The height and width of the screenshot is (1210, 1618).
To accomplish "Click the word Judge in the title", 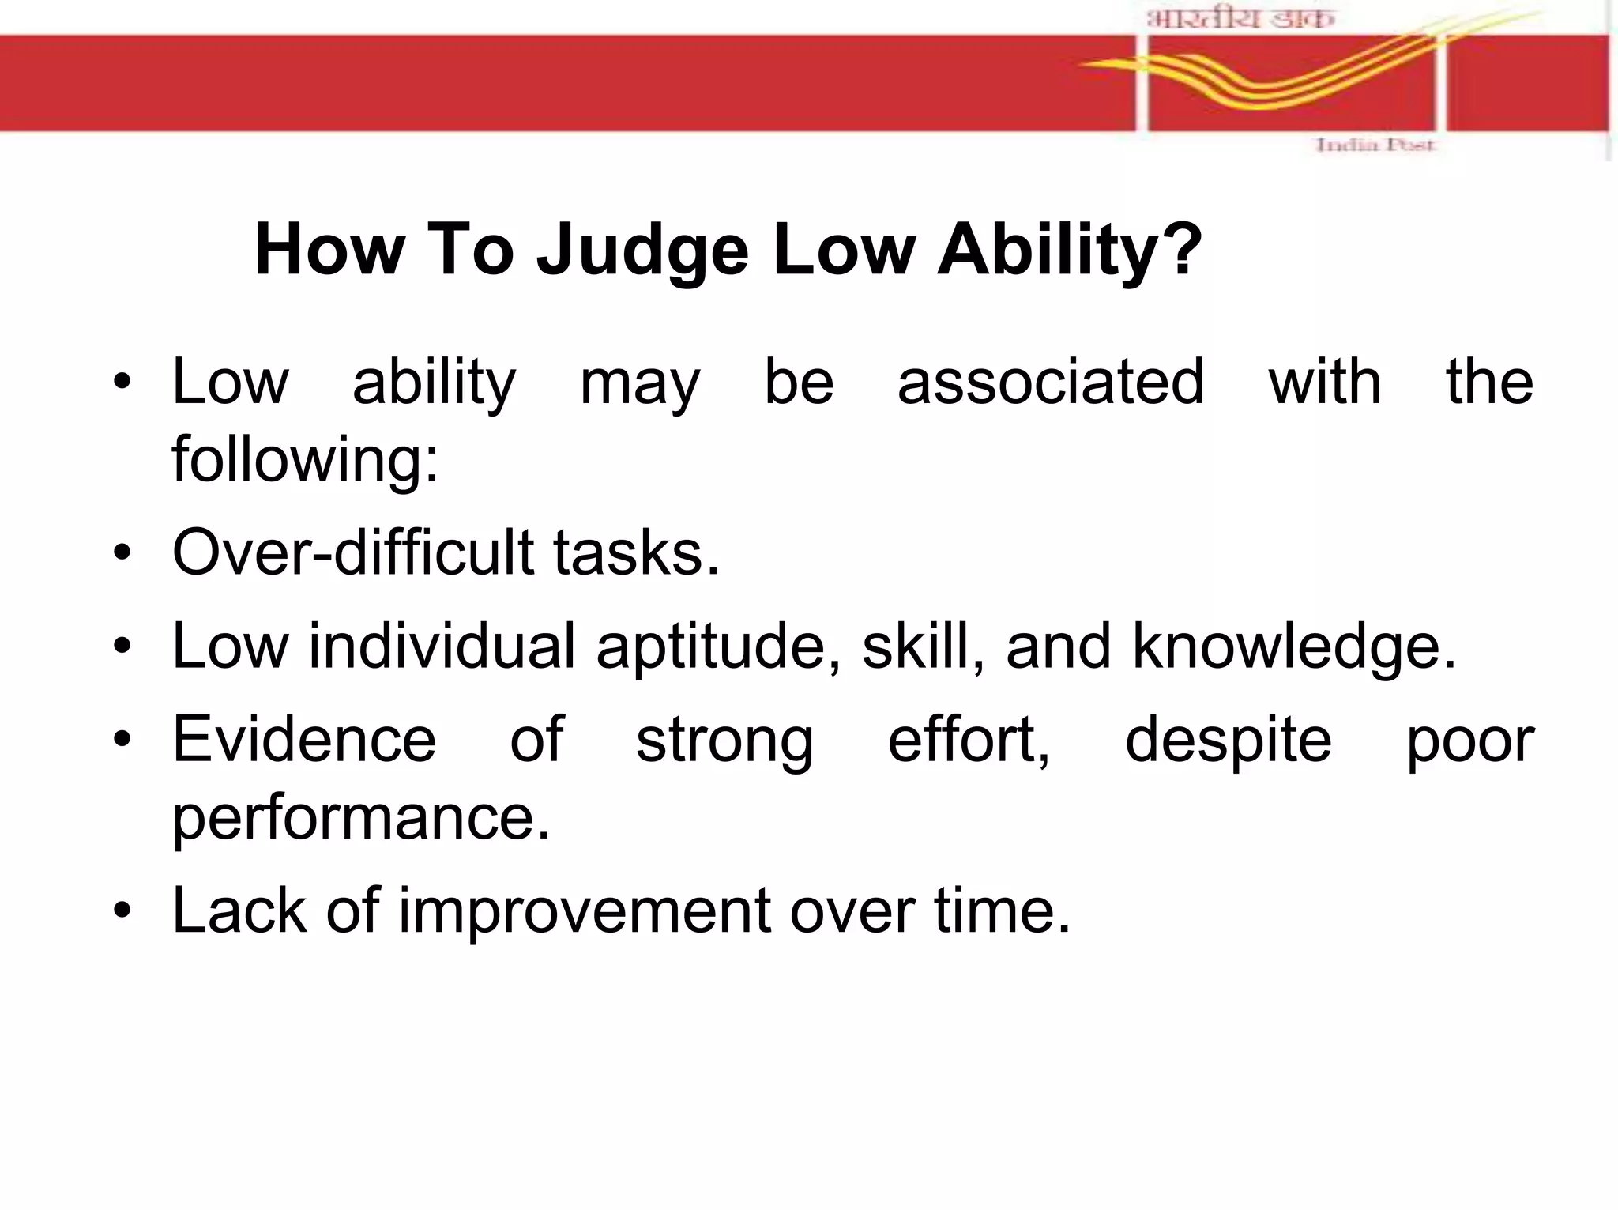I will [x=642, y=251].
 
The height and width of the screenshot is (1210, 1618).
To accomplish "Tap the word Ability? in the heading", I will [x=1069, y=251].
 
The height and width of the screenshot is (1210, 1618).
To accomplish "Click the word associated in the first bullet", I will [x=1051, y=383].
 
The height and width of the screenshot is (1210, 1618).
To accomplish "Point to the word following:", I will [x=305, y=460].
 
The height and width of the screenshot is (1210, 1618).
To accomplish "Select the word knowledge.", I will [x=1293, y=646].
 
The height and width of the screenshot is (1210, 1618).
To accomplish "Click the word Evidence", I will [x=304, y=740].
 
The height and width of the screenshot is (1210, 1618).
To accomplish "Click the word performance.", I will [x=361, y=818].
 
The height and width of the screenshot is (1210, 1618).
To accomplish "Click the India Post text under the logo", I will [x=1375, y=145].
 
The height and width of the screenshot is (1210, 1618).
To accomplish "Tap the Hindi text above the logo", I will [x=1240, y=17].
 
